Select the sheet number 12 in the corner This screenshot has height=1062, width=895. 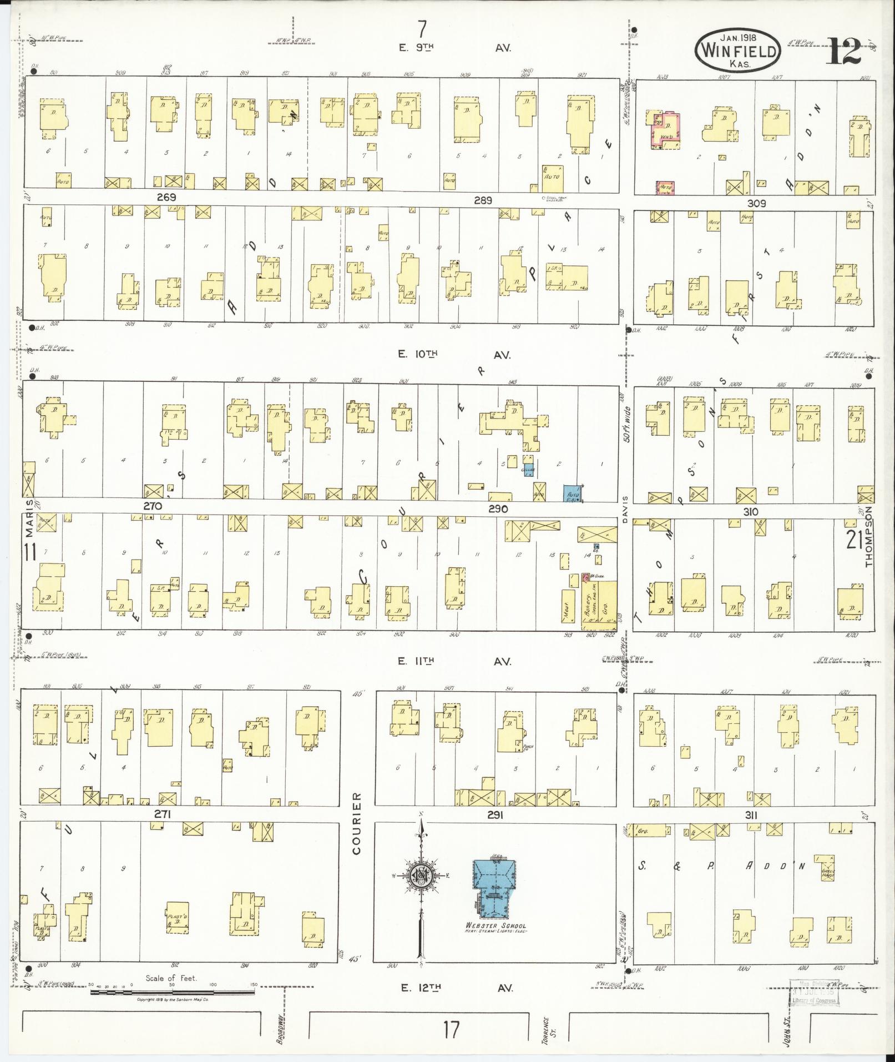845,52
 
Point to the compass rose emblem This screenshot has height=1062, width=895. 421,877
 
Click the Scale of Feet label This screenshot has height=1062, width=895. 171,978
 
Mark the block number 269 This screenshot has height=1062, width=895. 166,197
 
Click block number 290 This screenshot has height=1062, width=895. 498,508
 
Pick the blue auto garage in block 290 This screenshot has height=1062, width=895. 572,493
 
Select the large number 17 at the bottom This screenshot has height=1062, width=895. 451,1029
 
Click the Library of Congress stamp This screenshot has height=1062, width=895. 814,993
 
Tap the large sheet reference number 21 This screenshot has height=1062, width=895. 854,539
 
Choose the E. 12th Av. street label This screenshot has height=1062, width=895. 455,988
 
